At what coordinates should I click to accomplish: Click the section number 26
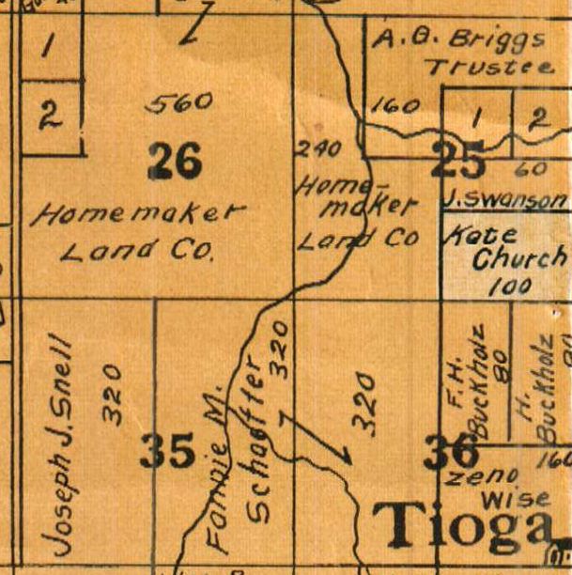point(175,161)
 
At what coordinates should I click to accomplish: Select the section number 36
point(451,453)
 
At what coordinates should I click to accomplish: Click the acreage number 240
point(316,148)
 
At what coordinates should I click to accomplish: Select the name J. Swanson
point(504,201)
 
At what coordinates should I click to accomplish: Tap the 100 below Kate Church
point(511,286)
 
